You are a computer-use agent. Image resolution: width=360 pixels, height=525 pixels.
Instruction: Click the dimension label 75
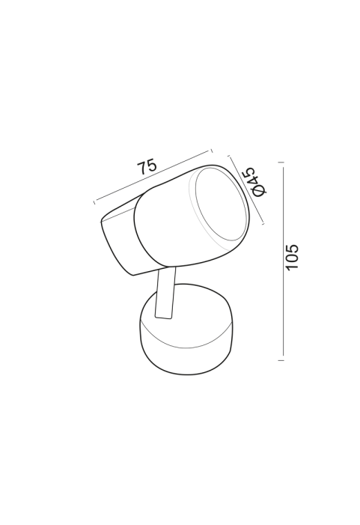point(147,167)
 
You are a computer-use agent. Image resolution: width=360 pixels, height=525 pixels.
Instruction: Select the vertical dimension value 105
point(292,256)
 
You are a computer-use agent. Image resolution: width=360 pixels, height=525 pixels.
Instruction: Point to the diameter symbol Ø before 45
point(260,190)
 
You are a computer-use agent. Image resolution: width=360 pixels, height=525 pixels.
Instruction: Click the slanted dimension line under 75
point(153,176)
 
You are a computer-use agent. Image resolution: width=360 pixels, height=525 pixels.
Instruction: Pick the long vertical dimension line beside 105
point(284,261)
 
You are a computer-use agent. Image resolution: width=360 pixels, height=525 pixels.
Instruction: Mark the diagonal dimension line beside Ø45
point(246,189)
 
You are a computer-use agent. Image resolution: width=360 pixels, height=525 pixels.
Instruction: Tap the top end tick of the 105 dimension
point(281,163)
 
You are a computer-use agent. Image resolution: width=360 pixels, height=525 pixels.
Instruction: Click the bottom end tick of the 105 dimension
point(281,360)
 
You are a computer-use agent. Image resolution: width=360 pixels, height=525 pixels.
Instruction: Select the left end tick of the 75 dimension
point(94,202)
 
